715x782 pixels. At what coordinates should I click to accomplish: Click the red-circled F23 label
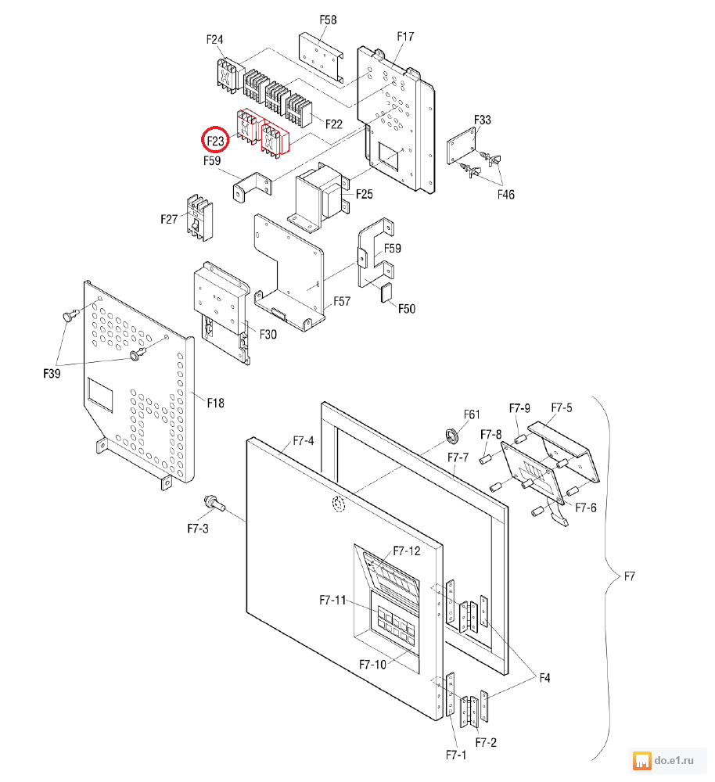[215, 142]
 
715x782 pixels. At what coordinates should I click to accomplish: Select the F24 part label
[214, 39]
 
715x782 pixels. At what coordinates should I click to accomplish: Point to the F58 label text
[328, 20]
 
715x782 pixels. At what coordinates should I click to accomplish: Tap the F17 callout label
[405, 37]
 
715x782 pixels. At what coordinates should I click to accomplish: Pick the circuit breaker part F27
[199, 218]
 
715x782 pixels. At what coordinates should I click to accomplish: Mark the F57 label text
[343, 300]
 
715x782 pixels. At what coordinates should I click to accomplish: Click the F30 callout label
[268, 334]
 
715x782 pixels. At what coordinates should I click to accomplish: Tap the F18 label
[215, 403]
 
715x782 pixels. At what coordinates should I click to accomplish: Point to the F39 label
[52, 374]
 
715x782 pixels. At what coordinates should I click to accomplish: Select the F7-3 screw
[212, 501]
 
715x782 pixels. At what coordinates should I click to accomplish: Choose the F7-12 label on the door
[407, 551]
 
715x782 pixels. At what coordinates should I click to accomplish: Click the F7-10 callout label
[372, 665]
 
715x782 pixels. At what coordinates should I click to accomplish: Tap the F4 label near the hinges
[543, 679]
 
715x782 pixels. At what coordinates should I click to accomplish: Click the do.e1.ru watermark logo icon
[641, 759]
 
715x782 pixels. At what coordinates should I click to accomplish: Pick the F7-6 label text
[586, 508]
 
